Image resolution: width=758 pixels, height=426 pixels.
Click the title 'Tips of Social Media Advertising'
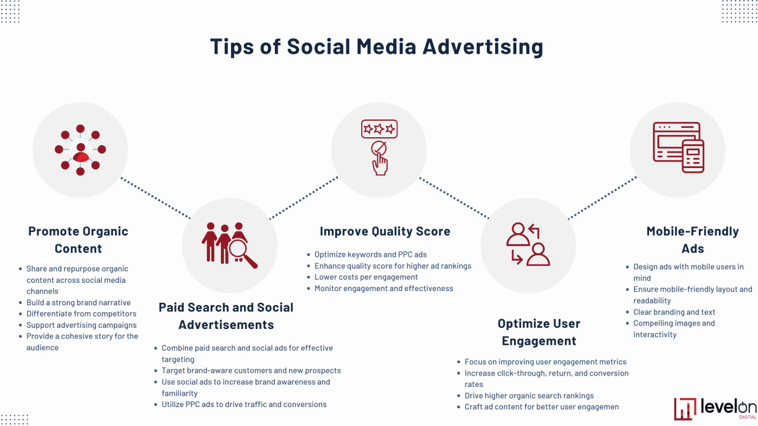377,47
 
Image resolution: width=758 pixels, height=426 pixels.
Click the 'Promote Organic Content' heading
78,240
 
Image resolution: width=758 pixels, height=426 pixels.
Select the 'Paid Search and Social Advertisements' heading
226,316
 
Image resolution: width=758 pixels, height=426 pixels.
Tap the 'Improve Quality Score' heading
385,231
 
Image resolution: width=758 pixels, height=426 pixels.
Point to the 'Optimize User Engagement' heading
539,332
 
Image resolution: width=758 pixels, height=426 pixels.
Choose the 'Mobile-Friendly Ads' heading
692,240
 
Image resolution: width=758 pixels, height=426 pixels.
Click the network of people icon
81,150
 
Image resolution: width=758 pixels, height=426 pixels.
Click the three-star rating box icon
379,129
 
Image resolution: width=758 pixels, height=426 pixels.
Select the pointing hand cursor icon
380,159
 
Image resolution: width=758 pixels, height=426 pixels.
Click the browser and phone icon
678,147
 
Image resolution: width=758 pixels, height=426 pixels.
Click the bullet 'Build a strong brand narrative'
78,302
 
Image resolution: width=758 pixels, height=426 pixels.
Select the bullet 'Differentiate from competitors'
81,314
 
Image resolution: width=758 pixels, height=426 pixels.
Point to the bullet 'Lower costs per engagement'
366,277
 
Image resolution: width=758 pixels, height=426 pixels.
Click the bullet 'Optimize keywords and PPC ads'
371,254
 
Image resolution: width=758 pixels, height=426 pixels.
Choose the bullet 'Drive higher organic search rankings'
529,395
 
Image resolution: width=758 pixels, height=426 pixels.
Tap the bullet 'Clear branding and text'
674,312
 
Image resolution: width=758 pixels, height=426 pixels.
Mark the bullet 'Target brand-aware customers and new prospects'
251,370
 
